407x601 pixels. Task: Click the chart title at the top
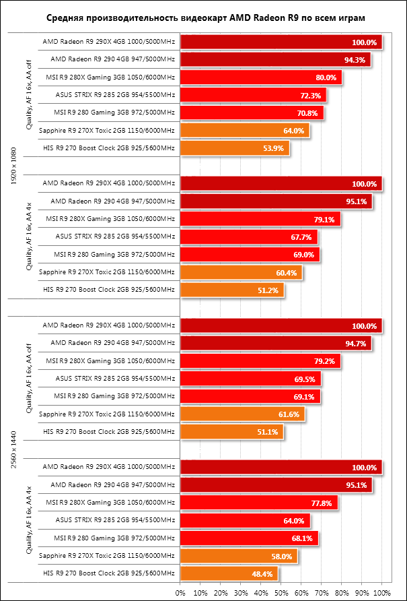202,16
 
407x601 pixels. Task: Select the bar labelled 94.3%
275,59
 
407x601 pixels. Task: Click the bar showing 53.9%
234,148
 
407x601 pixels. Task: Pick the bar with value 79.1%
260,218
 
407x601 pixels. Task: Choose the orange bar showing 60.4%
241,272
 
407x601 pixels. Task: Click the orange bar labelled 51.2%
232,289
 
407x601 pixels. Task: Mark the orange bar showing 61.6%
242,414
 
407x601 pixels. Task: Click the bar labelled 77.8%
259,503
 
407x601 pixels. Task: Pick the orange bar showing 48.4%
229,573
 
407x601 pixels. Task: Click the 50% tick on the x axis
281,593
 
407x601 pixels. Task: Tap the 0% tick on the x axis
180,593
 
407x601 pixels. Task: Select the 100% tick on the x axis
382,593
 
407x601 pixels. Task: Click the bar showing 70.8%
252,113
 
